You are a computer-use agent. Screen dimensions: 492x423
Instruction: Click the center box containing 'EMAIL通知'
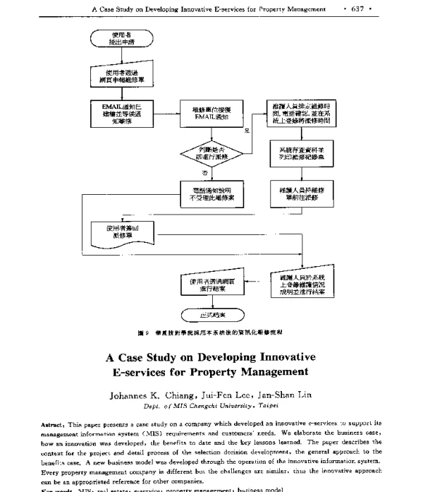tap(209, 113)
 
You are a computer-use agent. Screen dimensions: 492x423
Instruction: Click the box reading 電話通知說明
tap(209, 193)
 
